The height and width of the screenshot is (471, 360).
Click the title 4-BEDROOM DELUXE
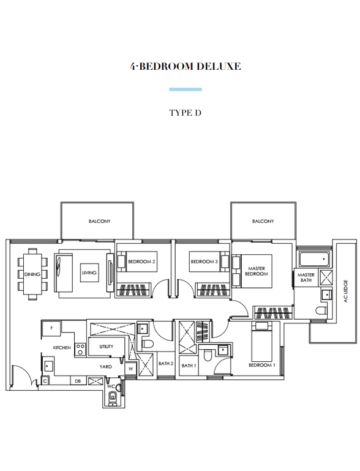pos(186,66)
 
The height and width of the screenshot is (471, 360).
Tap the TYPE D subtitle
pos(186,113)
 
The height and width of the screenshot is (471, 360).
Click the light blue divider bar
pos(186,89)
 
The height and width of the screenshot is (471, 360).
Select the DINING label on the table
pos(32,274)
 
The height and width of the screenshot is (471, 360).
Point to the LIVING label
pos(89,273)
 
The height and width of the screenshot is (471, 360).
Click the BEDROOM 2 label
pos(141,262)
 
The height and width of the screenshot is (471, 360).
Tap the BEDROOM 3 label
pos(204,262)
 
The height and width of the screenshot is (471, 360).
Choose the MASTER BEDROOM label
pos(257,271)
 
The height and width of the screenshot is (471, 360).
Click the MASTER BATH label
pos(306,277)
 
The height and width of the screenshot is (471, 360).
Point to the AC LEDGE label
pos(345,291)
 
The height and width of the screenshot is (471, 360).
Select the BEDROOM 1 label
pos(262,365)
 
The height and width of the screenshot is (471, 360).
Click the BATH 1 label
pos(189,366)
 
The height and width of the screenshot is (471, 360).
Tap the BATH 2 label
pos(166,363)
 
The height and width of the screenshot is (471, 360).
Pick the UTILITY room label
pos(107,346)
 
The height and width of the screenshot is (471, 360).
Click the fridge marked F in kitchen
pos(51,328)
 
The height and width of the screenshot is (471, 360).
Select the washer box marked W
pos(130,369)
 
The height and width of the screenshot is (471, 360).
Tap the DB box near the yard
pos(78,381)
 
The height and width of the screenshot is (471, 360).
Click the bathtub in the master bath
pos(314,259)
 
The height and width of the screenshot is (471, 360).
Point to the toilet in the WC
pos(112,398)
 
